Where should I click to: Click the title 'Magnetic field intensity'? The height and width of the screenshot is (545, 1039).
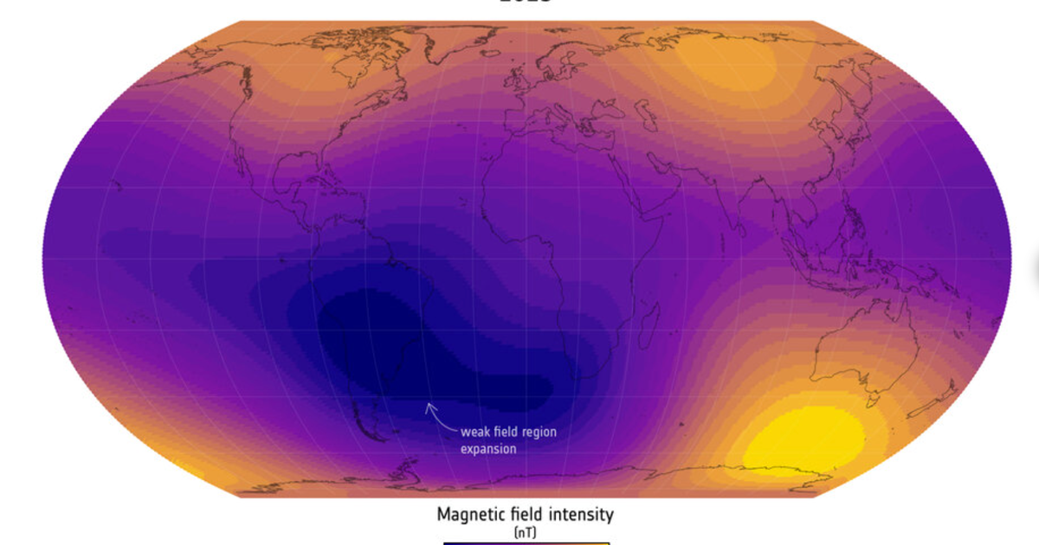click(x=525, y=515)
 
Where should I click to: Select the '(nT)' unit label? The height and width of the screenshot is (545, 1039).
click(x=525, y=533)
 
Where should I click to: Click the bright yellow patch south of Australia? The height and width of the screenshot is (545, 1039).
click(x=805, y=438)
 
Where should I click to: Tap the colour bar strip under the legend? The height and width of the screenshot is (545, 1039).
click(x=526, y=542)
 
